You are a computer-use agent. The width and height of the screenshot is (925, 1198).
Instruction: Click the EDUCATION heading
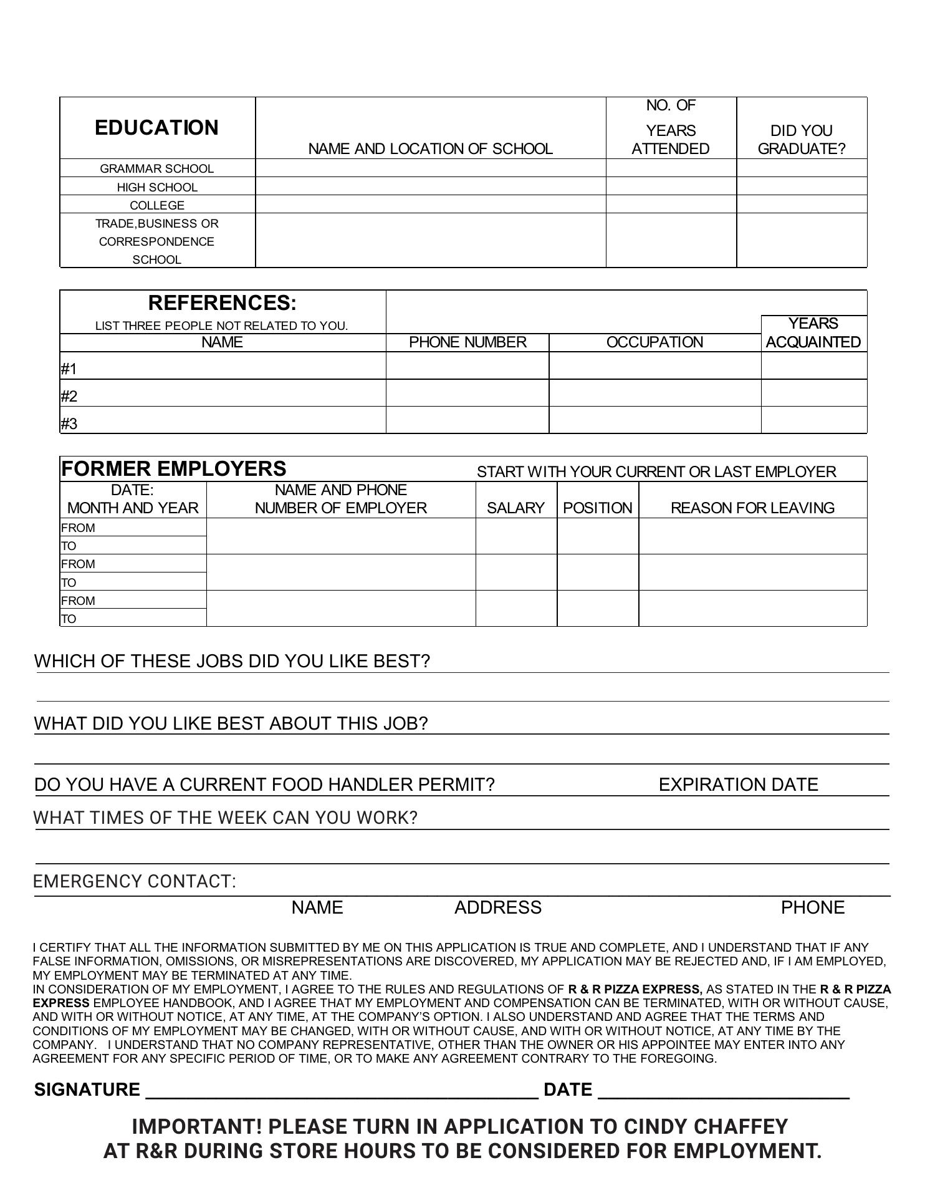(x=156, y=128)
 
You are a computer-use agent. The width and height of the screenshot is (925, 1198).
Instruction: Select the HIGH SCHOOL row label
(x=157, y=187)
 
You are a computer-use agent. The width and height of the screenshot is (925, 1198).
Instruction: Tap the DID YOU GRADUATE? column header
(x=802, y=140)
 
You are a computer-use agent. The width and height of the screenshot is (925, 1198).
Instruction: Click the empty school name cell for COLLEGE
(x=430, y=205)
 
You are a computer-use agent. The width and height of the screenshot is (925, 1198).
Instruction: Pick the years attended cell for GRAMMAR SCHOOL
(x=671, y=168)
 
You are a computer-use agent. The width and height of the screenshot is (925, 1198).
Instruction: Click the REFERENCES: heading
(x=222, y=303)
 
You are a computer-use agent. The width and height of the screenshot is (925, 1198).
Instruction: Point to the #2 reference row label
(x=69, y=397)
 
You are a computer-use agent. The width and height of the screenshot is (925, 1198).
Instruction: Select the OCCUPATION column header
(x=654, y=342)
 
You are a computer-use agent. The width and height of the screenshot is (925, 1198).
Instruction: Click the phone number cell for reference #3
(x=467, y=420)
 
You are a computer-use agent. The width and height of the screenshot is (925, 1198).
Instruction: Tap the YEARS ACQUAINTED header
(x=813, y=333)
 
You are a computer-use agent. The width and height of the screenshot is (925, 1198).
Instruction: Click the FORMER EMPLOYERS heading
(x=174, y=469)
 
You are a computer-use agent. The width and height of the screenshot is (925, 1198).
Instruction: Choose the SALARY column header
(x=515, y=508)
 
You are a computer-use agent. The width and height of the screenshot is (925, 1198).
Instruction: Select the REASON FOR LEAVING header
(x=752, y=508)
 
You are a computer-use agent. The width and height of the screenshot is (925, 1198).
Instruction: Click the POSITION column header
(x=597, y=508)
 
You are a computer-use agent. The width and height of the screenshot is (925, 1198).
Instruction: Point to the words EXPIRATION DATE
(x=738, y=785)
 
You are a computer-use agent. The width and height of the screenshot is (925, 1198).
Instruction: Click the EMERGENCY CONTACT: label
(x=135, y=882)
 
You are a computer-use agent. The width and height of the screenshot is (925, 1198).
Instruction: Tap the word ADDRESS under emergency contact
(x=497, y=908)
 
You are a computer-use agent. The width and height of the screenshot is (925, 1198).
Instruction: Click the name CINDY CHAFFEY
(x=706, y=1127)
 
